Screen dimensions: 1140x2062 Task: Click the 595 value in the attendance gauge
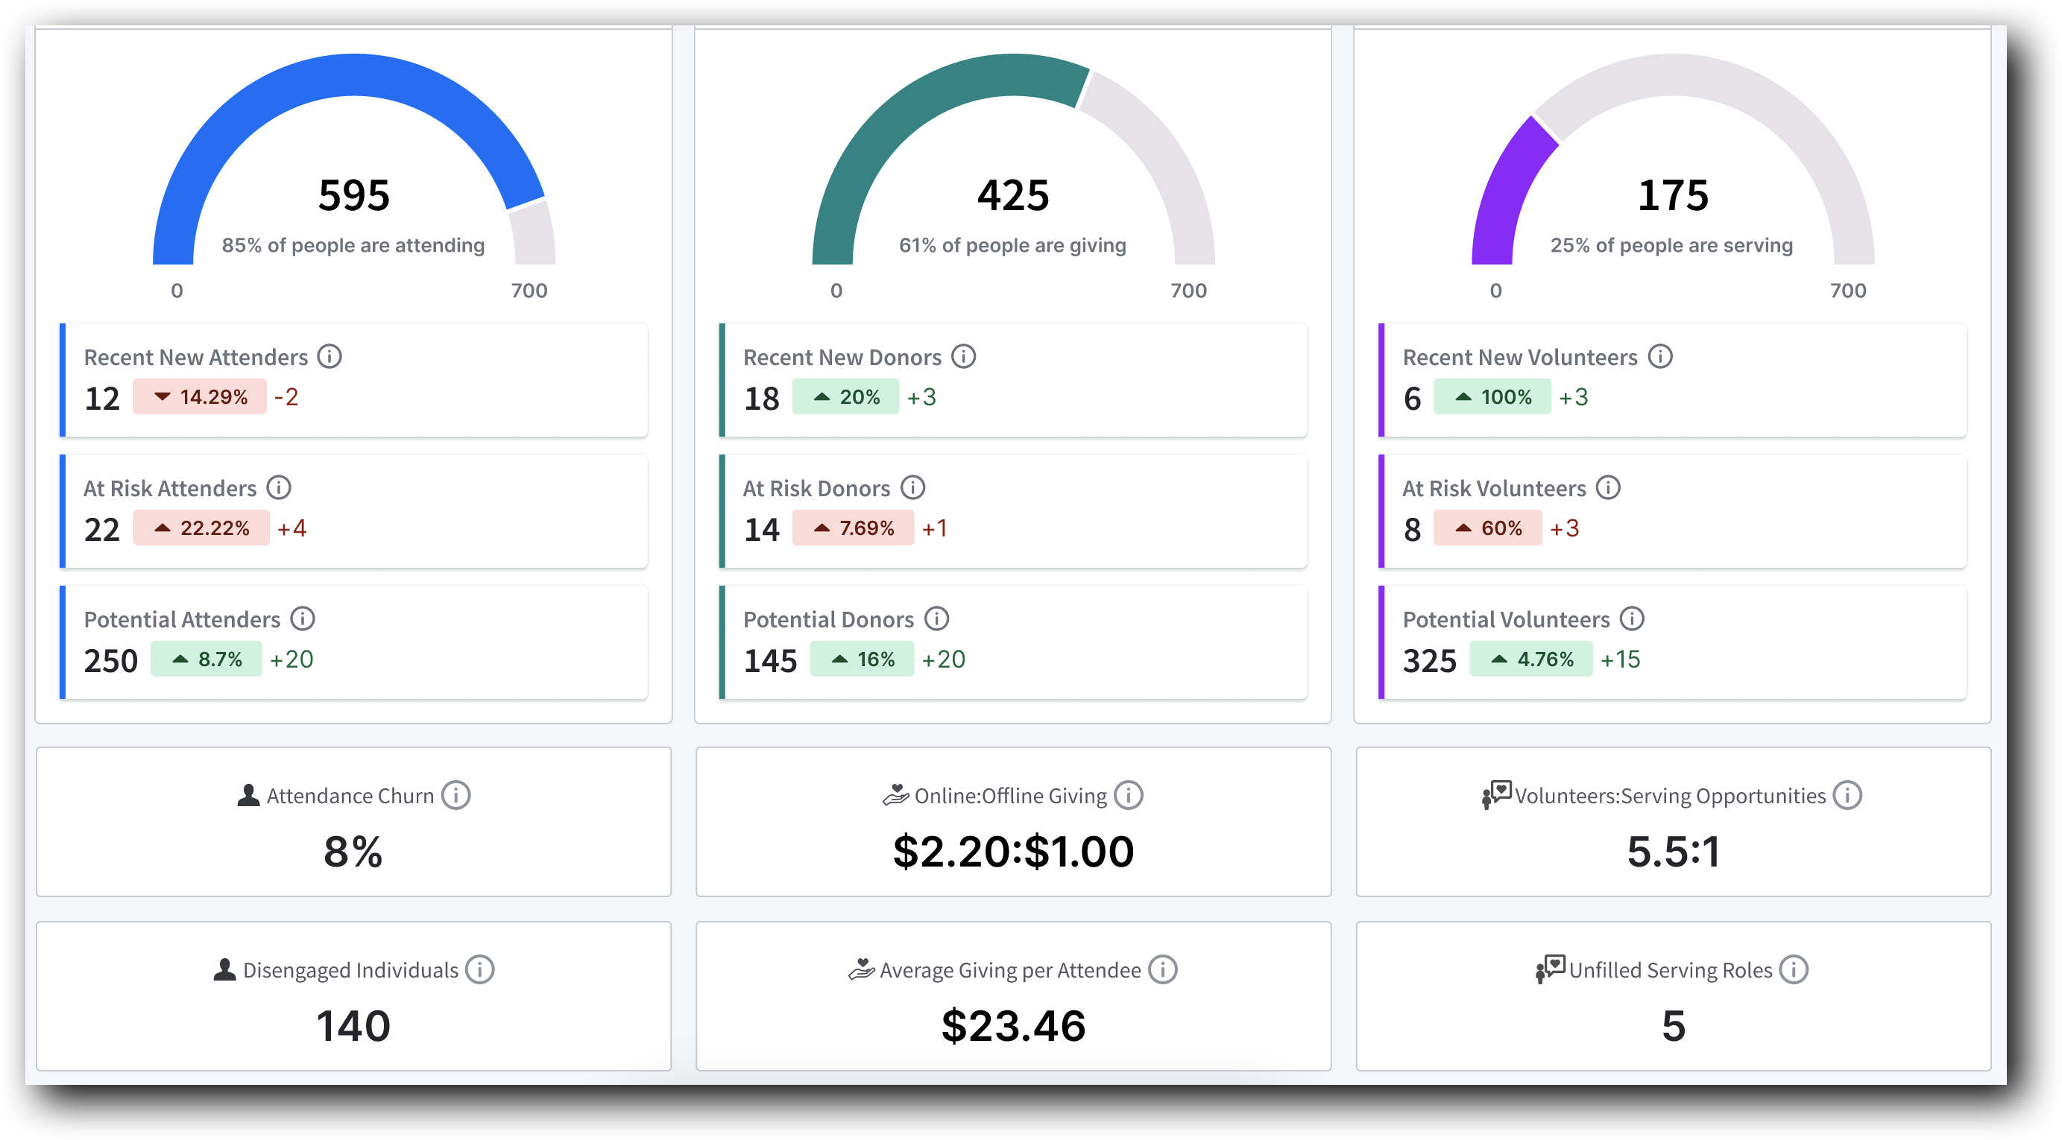(354, 195)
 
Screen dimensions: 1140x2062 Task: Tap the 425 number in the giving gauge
(1012, 195)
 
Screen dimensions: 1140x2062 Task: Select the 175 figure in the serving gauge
(1672, 195)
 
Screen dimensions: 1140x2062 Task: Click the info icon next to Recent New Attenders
(329, 356)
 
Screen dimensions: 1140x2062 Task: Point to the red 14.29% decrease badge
(199, 397)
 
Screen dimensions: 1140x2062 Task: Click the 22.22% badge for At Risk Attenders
(201, 528)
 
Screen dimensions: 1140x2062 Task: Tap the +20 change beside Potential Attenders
(291, 659)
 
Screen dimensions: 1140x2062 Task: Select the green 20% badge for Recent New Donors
(845, 397)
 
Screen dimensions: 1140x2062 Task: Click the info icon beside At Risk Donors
(912, 487)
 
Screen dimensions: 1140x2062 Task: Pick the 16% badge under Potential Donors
(861, 659)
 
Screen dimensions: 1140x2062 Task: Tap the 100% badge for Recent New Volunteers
(1492, 397)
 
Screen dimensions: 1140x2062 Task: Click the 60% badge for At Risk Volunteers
(1487, 528)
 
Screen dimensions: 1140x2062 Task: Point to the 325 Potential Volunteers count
(1430, 661)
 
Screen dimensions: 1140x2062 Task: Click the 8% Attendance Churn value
(353, 851)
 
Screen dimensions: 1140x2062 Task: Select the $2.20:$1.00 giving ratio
(1013, 851)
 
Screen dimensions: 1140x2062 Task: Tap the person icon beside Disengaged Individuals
(225, 969)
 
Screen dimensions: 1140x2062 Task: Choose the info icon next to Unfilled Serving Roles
(1794, 969)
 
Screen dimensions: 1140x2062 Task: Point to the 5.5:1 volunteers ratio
(1673, 851)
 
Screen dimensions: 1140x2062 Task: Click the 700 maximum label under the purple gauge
(1847, 291)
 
